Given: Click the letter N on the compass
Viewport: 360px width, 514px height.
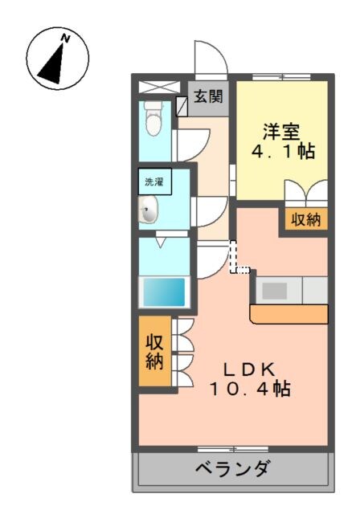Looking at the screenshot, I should pos(67,38).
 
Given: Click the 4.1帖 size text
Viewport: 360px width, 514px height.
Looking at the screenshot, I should pos(280,150).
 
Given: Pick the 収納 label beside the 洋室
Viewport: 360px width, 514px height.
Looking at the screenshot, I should pos(304,218).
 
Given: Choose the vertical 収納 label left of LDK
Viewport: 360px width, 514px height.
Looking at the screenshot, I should pos(154,350).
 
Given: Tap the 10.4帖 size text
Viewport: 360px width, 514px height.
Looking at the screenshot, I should pos(250,390).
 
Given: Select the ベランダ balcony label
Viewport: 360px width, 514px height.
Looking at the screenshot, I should pos(232,468).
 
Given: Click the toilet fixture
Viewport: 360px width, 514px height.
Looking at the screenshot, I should pos(153,119).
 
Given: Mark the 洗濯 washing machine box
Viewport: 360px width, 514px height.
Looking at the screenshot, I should pos(153,182).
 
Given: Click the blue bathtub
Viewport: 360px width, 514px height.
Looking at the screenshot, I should pos(164,291).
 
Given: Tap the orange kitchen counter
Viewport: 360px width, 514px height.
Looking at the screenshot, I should pos(289,312).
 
